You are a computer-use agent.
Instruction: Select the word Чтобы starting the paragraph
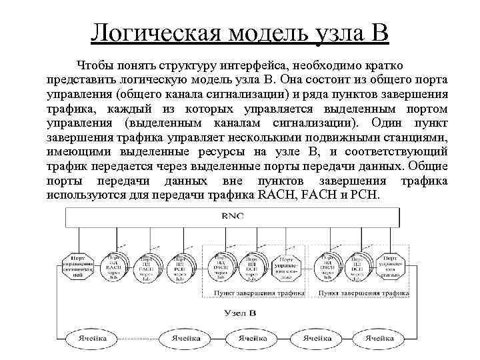pos(97,65)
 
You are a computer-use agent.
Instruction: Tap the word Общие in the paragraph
pos(428,167)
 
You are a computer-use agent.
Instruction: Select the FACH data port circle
pos(147,267)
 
